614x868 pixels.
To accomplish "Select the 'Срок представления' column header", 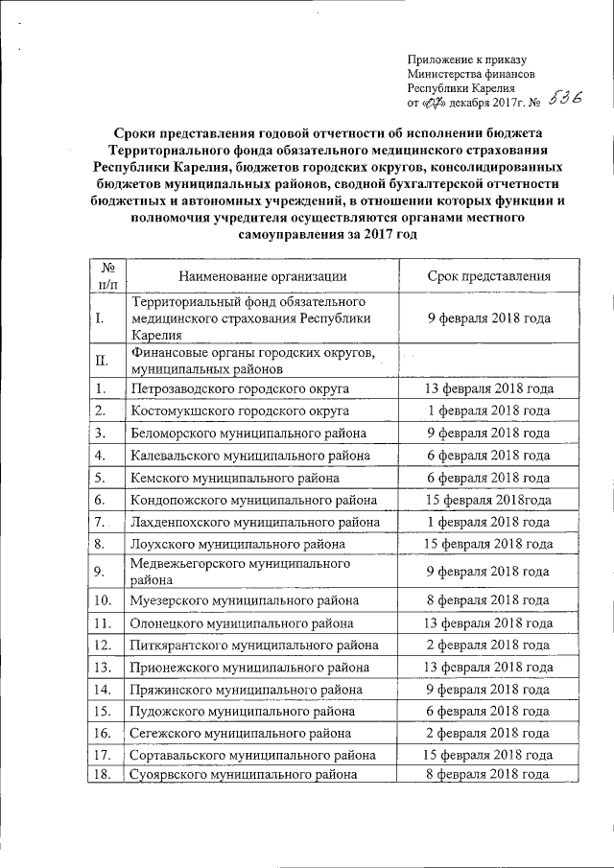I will pyautogui.click(x=488, y=277).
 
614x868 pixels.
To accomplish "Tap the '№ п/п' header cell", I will pyautogui.click(x=107, y=277).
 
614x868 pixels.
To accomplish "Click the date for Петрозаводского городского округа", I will pyautogui.click(x=488, y=388).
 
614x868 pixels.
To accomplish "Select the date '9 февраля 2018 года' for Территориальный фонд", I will pyautogui.click(x=488, y=317).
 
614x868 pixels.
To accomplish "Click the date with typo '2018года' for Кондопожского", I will pyautogui.click(x=488, y=499).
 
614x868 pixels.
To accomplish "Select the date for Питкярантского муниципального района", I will pyautogui.click(x=488, y=644).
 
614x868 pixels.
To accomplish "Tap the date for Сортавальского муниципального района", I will pyautogui.click(x=488, y=754).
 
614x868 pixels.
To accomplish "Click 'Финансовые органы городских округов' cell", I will pyautogui.click(x=252, y=361).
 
